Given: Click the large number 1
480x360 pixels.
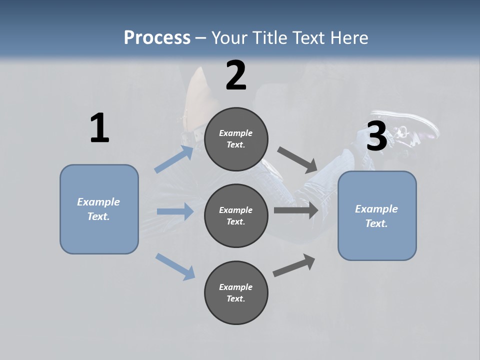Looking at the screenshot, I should coord(99,128).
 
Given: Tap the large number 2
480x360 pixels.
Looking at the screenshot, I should coord(236,75).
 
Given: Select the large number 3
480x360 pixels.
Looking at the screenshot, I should coord(376,136).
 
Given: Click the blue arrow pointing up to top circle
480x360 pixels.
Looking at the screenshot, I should coord(174,159).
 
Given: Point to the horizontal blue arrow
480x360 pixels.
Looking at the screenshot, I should coord(175,211).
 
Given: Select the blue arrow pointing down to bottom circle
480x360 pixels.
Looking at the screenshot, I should coord(175,266).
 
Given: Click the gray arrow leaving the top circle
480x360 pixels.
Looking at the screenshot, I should coord(297,159).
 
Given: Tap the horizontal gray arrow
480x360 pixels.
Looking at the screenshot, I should coord(296,210).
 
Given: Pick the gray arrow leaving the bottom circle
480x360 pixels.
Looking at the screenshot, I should coord(294,265).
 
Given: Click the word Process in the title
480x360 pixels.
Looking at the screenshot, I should coord(157,37).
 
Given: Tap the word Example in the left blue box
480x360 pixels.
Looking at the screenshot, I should coord(98,202).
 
